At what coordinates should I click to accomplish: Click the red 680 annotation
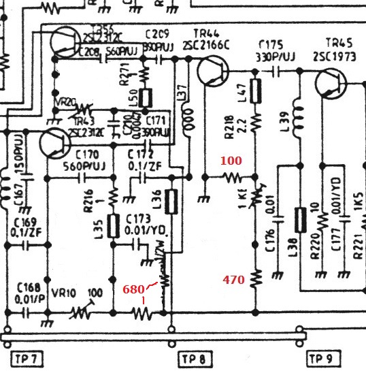134,289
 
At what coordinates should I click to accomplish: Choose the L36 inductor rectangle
173,201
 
